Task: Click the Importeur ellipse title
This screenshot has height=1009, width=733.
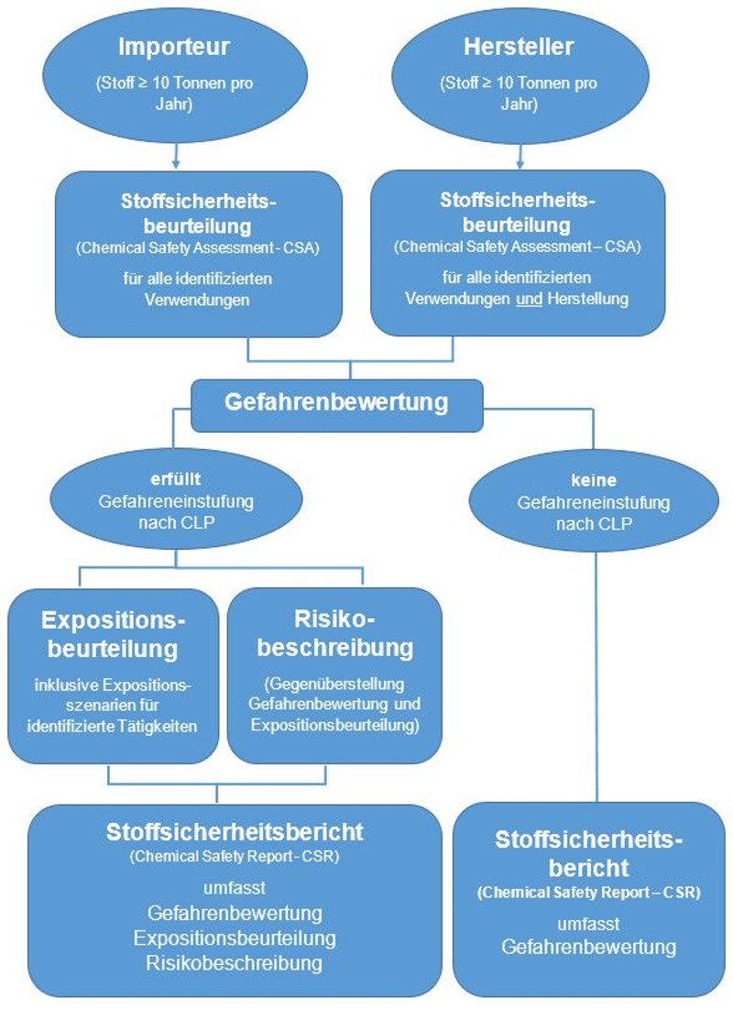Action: click(174, 46)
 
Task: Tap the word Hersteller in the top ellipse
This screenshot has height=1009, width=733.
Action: click(519, 46)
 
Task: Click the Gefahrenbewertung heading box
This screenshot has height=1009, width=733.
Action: click(336, 402)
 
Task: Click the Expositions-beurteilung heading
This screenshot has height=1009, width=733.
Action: click(115, 635)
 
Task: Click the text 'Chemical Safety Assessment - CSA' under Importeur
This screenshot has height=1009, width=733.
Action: click(198, 247)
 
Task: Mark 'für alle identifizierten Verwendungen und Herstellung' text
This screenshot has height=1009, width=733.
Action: click(518, 288)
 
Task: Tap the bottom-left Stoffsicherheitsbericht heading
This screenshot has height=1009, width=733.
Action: click(235, 832)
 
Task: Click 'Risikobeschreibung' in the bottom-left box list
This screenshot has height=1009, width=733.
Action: click(234, 963)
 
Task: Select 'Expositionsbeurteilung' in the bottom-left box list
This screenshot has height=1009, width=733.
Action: click(235, 938)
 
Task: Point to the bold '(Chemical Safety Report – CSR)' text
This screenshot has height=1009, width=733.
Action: click(588, 893)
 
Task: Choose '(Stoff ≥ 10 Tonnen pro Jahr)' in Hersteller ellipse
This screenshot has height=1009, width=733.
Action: click(519, 93)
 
